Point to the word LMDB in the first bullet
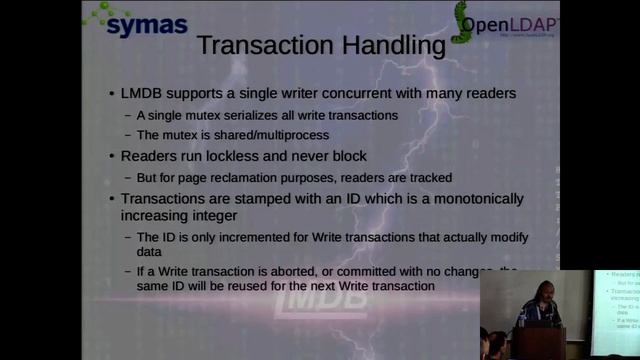click(143, 93)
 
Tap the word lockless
click(238, 156)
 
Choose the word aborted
click(299, 270)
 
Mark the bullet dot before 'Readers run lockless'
click(112, 157)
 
